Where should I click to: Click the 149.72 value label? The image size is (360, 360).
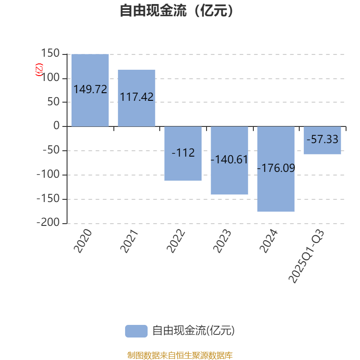[x=90, y=90]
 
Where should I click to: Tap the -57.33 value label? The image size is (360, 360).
[x=322, y=139]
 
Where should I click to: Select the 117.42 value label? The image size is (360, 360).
[x=136, y=97]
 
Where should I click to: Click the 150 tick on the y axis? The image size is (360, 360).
[x=50, y=54]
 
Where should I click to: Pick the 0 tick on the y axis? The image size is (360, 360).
[x=56, y=126]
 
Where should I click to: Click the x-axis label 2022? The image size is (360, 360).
[x=176, y=241]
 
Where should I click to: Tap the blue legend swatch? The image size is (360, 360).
[x=136, y=331]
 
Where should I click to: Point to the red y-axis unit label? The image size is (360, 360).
[x=39, y=70]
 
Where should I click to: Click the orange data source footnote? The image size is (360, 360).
[x=180, y=355]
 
